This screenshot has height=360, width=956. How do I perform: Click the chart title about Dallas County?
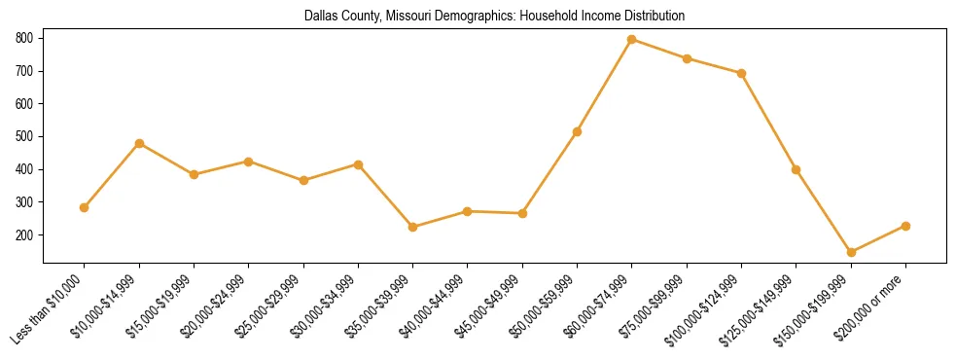click(494, 17)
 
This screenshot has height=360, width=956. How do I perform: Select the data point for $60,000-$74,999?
click(632, 39)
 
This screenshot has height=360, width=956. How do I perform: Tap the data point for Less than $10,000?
click(85, 207)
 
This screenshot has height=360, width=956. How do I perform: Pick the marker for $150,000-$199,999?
click(851, 252)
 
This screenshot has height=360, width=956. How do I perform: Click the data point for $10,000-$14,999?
click(139, 143)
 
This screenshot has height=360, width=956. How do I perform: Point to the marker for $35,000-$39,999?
click(413, 227)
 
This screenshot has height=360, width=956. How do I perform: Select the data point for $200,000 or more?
click(905, 226)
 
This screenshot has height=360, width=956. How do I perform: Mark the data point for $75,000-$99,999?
click(687, 58)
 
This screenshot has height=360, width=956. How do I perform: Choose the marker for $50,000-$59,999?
click(578, 131)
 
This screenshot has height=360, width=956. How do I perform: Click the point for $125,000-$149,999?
click(797, 169)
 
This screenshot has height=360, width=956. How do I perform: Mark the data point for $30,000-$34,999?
click(359, 164)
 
